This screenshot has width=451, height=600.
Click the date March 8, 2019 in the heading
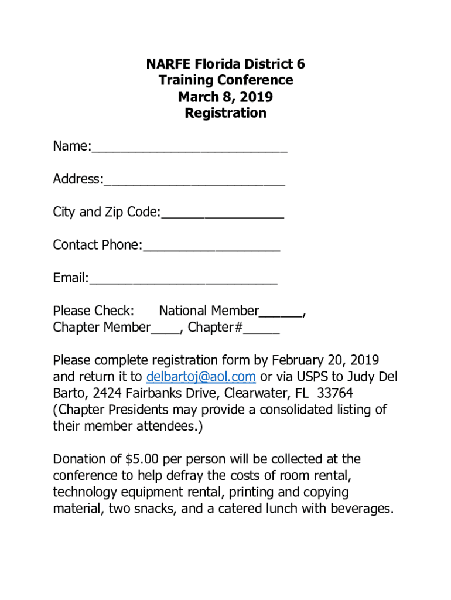pos(225,97)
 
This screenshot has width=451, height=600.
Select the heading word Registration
pos(225,113)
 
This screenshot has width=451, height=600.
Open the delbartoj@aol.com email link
pos(201,376)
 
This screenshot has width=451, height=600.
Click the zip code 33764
pos(334,393)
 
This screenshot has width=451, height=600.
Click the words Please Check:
pos(94,311)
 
